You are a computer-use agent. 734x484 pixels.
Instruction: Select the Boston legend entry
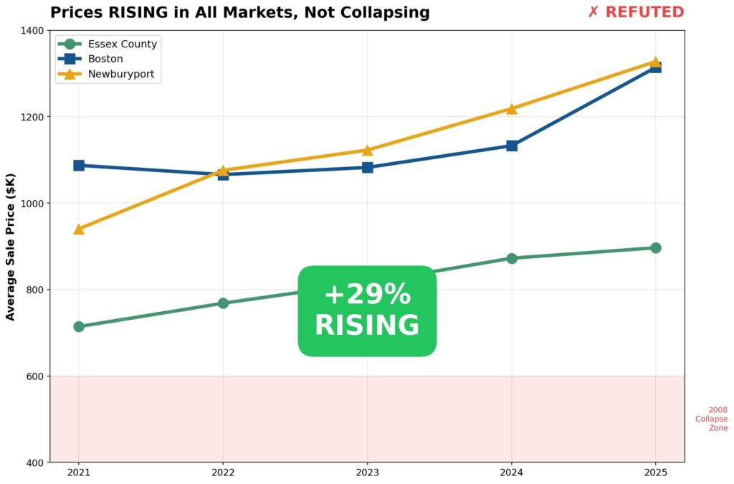[x=105, y=59]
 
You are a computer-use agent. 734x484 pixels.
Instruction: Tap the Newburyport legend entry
[x=120, y=74]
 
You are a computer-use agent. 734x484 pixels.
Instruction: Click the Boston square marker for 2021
[x=79, y=166]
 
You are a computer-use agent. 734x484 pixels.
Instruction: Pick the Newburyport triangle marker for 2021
[x=79, y=229]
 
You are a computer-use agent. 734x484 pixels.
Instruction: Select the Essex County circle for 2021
[x=79, y=326]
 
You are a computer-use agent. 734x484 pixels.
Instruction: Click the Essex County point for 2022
[x=223, y=303]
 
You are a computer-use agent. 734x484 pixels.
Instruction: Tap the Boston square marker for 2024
[x=512, y=146]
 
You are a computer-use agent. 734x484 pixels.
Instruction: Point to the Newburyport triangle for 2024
[x=512, y=109]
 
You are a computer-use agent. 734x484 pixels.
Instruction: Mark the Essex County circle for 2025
[x=656, y=248]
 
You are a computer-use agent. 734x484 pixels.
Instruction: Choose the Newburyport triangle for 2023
[x=367, y=151]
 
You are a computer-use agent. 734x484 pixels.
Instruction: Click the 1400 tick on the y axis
[x=32, y=31]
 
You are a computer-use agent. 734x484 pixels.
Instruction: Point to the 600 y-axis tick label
[x=34, y=376]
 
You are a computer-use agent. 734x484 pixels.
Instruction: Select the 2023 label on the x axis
[x=367, y=473]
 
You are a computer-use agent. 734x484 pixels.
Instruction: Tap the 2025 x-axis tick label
[x=656, y=473]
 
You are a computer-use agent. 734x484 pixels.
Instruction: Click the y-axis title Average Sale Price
[x=11, y=246]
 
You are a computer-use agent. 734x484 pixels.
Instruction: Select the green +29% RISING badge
[x=367, y=310]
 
